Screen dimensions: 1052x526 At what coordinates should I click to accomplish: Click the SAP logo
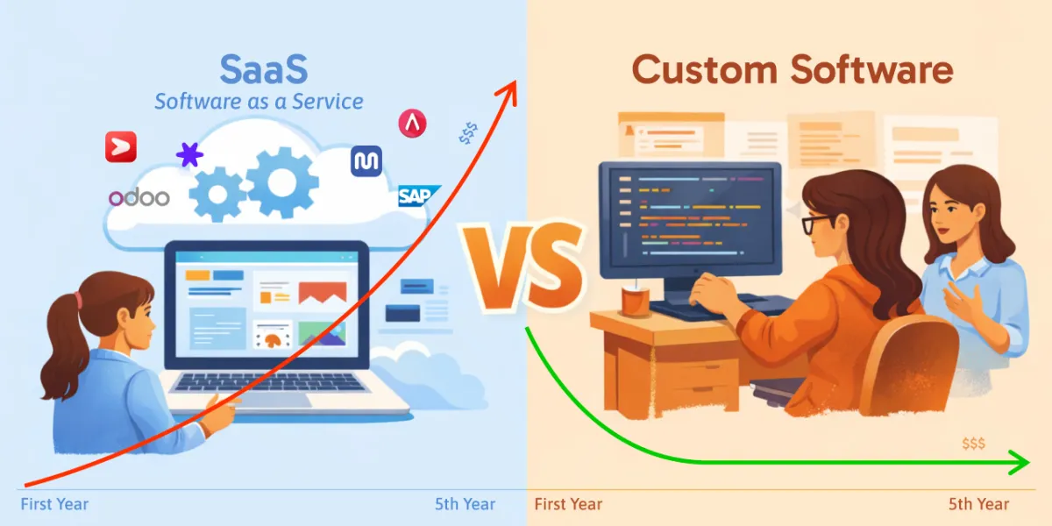[418, 195]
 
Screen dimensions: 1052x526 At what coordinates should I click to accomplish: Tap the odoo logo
[139, 198]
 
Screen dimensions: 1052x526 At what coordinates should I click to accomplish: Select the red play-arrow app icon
[121, 147]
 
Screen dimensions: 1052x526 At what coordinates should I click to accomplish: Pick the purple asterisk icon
[189, 154]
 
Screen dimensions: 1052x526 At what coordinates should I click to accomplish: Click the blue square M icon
[366, 161]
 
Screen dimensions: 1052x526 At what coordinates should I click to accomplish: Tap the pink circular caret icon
[412, 124]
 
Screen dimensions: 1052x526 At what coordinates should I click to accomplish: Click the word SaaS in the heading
[264, 69]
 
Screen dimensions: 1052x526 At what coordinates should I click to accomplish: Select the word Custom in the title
[705, 69]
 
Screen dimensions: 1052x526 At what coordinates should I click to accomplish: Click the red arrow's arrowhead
[508, 90]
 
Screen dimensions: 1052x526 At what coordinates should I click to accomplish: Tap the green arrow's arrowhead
[1019, 462]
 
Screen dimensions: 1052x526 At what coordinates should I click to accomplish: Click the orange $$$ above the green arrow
[974, 444]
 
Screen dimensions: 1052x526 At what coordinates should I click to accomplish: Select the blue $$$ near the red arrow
[468, 133]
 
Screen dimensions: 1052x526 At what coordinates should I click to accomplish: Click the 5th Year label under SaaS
[465, 504]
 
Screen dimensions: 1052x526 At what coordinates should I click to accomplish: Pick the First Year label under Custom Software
[568, 504]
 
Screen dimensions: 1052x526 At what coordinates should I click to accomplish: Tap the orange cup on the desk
[636, 301]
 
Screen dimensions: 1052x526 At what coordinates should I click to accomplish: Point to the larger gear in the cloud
[281, 182]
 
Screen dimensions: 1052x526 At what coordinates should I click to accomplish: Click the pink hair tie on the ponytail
[77, 300]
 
